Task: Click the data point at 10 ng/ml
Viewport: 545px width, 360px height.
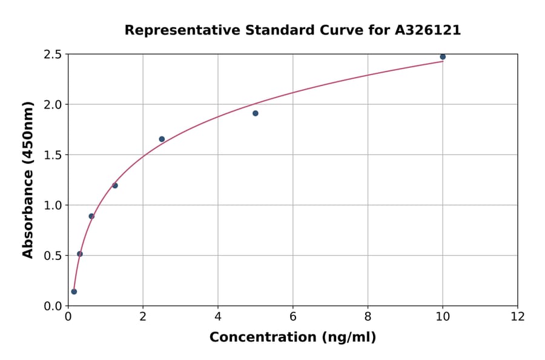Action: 443,57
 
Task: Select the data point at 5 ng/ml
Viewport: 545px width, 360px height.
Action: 256,113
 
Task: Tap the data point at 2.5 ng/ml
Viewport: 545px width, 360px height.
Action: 162,139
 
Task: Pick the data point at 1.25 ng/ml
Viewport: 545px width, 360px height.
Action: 115,185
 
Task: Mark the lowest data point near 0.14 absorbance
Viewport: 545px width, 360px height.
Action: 74,292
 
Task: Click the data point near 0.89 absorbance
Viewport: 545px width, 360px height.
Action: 91,216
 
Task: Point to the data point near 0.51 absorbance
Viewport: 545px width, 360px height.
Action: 80,254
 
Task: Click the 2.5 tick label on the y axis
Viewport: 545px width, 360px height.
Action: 53,55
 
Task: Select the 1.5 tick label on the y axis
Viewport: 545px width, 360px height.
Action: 53,155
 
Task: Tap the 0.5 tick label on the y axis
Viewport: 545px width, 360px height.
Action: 53,256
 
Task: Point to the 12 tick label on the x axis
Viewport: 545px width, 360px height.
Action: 518,317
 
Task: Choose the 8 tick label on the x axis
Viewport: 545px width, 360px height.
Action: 368,317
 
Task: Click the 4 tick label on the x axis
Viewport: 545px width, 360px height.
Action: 218,317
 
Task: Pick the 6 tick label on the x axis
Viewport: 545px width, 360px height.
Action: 293,317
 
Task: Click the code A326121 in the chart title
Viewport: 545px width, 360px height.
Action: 429,30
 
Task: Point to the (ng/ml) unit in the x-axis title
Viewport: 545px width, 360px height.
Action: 348,338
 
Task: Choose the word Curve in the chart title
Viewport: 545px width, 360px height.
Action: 333,30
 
